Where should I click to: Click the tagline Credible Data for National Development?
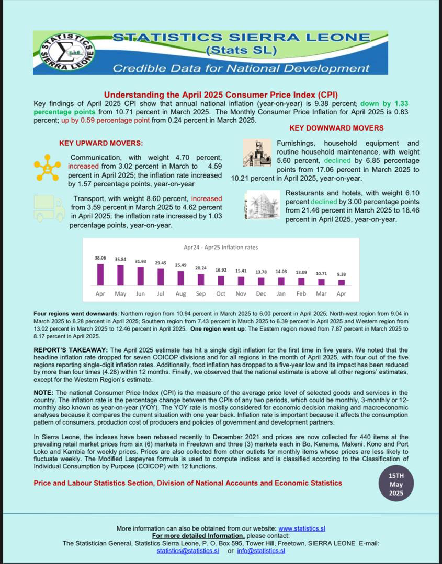pyautogui.click(x=241, y=68)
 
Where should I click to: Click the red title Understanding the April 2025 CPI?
pyautogui.click(x=221, y=95)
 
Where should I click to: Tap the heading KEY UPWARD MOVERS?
pyautogui.click(x=101, y=143)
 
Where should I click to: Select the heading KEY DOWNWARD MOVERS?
pyautogui.click(x=336, y=128)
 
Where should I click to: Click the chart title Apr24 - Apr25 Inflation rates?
pyautogui.click(x=221, y=247)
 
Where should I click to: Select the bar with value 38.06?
pyautogui.click(x=100, y=274)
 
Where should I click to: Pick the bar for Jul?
pyautogui.click(x=161, y=277)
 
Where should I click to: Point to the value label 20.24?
pyautogui.click(x=201, y=268)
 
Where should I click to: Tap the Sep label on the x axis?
pyautogui.click(x=201, y=293)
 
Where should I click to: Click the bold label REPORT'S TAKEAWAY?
pyautogui.click(x=71, y=350)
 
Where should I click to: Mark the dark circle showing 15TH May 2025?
pyautogui.click(x=396, y=485)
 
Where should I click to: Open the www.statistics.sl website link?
pyautogui.click(x=302, y=528)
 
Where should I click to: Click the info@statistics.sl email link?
pyautogui.click(x=260, y=550)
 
